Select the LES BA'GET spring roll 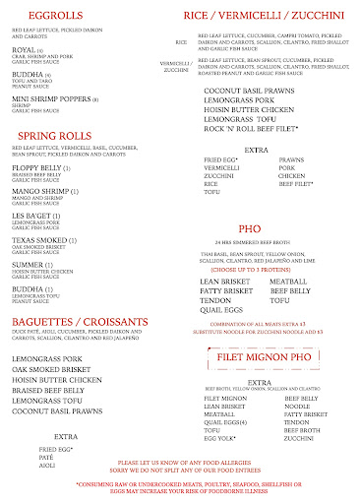pyautogui.click(x=37, y=215)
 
